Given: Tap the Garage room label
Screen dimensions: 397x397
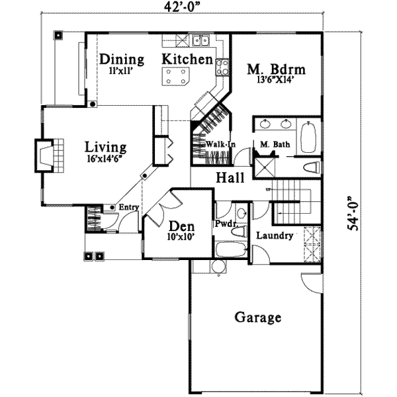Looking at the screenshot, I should coord(257,318).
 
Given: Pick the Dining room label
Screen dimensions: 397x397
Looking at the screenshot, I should coord(122,58).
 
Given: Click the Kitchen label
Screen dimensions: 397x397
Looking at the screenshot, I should coord(187,59).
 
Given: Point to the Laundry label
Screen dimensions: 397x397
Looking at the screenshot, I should coord(271,236).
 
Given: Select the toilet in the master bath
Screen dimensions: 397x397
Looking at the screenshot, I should coord(312,167).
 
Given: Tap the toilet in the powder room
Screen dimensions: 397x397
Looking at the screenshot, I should coord(242,213).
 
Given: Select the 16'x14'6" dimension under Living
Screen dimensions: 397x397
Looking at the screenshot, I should coord(105,159).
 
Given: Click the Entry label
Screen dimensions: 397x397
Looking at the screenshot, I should coord(128,208).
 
